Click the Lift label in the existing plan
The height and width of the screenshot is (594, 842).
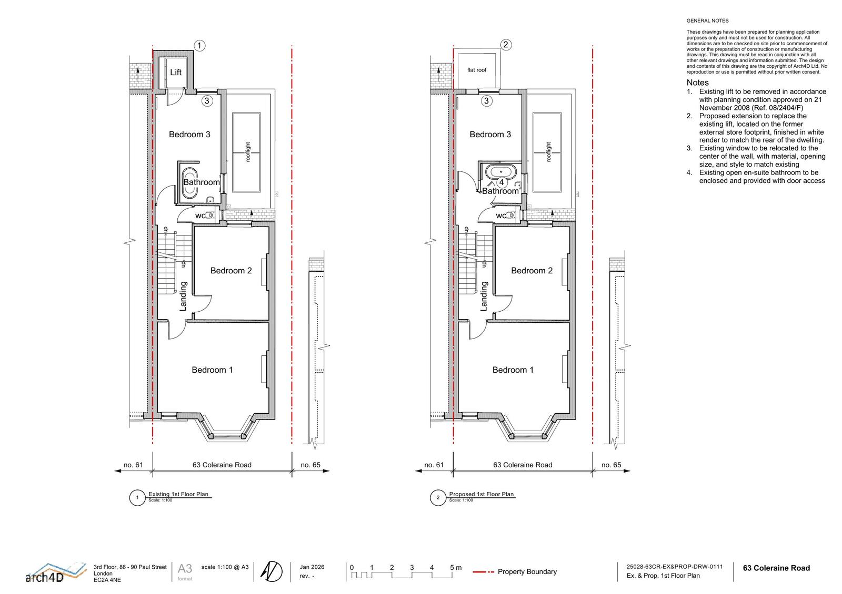pos(176,73)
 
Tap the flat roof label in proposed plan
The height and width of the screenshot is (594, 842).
pos(477,70)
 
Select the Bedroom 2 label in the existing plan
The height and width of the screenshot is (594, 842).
pos(231,271)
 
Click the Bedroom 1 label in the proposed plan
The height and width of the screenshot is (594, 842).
pos(513,370)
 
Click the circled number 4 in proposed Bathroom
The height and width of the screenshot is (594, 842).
pos(502,182)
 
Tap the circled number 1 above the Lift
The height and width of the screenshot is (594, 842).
pos(199,46)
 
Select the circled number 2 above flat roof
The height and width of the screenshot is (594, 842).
pos(506,45)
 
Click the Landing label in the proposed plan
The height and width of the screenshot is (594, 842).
pos(484,296)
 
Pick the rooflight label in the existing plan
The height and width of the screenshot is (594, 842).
pos(248,152)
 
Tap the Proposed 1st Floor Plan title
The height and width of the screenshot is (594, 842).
pos(481,494)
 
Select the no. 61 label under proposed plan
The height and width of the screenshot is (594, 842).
pos(434,465)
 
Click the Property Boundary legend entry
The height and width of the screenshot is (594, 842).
pos(527,572)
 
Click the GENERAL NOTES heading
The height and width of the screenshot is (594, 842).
pos(707,21)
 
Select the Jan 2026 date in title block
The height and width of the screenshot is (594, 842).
pos(312,567)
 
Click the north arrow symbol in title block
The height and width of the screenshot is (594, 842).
pos(273,571)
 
